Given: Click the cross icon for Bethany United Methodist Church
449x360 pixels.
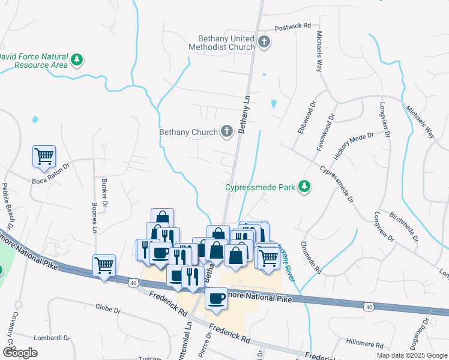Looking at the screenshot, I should coord(264,41).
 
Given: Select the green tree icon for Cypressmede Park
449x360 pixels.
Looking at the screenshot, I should coord(305,187).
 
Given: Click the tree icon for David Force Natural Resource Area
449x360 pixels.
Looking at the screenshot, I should coord(76,59).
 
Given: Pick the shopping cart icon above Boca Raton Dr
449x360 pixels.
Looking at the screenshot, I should coord(44,156).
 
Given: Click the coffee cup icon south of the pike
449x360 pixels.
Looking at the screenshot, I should coord(216,298).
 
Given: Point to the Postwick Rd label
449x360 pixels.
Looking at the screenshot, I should coord(292,27).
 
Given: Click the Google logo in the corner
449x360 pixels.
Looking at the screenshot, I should coord(20,353).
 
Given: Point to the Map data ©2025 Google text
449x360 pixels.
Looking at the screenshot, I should coord(411,355).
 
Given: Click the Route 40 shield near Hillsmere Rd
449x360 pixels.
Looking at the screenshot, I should coord(369,307).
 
